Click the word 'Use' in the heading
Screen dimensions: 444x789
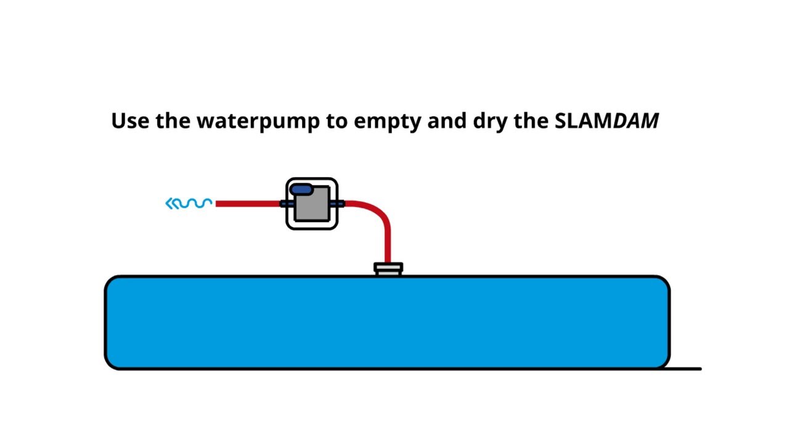point(131,120)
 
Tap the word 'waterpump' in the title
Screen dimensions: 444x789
point(258,121)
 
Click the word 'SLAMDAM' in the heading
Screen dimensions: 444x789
point(607,120)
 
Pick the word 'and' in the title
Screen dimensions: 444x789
point(446,120)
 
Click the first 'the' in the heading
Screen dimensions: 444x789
point(173,120)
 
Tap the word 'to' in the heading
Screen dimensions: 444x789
point(337,121)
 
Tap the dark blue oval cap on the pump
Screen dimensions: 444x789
point(300,190)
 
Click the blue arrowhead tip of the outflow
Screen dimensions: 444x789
point(169,203)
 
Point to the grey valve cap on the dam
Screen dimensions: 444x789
point(388,269)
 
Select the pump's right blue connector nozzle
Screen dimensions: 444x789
point(338,203)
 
